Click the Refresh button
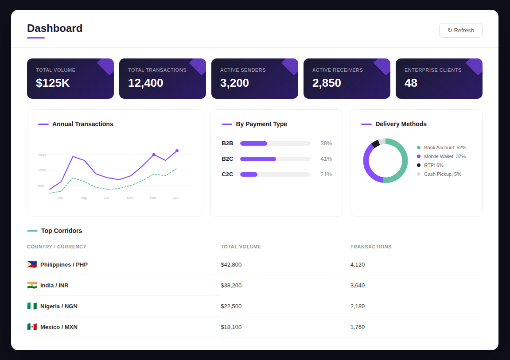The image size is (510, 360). (460, 31)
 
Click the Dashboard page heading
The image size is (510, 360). (55, 28)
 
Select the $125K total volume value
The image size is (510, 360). (53, 83)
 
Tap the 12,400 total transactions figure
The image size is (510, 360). (145, 83)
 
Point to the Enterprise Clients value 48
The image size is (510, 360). (411, 83)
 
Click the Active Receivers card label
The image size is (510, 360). (337, 70)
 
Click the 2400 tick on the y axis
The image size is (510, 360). (42, 155)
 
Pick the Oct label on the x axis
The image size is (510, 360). (106, 197)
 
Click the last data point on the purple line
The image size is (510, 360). (177, 151)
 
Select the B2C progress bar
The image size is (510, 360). (275, 159)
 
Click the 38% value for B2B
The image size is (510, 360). (326, 143)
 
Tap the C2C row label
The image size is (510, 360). (227, 174)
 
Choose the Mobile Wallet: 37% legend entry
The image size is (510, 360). (444, 156)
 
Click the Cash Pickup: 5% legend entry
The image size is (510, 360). (442, 174)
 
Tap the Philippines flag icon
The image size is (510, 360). (32, 264)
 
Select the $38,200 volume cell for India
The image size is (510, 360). (231, 286)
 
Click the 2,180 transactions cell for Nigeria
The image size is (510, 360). (357, 306)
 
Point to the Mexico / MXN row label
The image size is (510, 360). (58, 327)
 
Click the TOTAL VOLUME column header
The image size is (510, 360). (241, 247)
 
